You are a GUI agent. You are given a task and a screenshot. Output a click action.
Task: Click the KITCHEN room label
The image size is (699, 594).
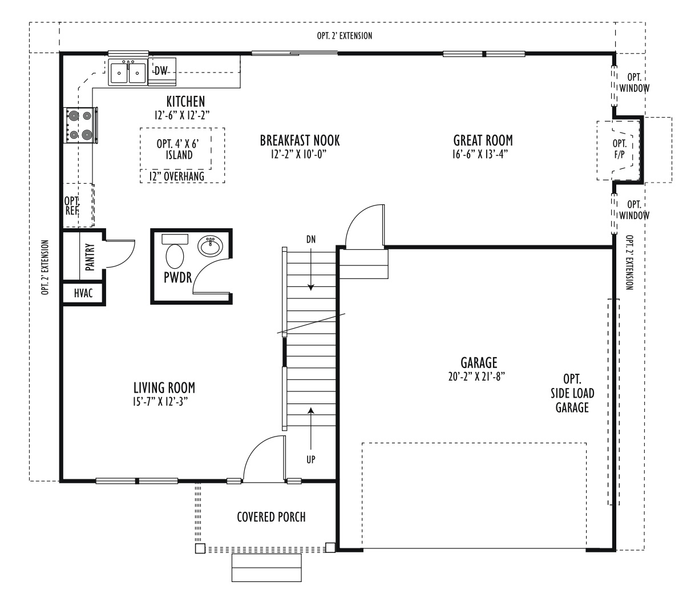tap(185, 102)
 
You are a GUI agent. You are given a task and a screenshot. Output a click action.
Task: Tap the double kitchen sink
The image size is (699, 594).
tap(128, 72)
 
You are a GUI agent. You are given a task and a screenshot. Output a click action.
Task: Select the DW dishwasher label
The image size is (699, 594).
tap(161, 71)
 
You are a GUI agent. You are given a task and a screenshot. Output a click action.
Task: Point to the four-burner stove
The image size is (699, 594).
tap(80, 125)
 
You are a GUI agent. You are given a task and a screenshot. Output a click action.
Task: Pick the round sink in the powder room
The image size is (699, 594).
tap(211, 246)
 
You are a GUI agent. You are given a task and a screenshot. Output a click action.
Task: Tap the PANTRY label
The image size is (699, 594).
tap(90, 257)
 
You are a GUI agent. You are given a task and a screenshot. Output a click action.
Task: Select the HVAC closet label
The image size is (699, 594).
tap(83, 293)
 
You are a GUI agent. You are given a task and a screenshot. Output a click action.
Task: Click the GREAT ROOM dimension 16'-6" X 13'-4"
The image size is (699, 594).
tap(480, 154)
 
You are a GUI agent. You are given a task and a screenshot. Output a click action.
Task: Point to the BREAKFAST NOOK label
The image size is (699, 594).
tap(300, 140)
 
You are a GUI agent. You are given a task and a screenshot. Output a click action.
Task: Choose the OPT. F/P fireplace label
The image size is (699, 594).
tap(620, 149)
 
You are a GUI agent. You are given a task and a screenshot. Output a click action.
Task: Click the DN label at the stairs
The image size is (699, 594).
tap(311, 240)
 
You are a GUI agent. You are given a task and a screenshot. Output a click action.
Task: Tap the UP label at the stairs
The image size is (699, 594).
tap(311, 459)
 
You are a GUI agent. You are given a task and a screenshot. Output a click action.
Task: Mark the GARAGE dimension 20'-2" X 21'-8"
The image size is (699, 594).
tap(476, 377)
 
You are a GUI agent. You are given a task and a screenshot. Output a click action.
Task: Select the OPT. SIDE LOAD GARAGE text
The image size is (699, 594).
tap(572, 393)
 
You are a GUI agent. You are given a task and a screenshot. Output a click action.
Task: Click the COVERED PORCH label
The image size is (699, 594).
tap(271, 517)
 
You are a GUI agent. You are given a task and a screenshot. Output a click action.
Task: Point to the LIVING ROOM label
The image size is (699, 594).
tap(164, 387)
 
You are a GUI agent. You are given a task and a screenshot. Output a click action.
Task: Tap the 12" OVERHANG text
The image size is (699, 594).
tap(177, 176)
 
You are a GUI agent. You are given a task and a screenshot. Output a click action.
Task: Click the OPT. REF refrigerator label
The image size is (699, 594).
tap(72, 205)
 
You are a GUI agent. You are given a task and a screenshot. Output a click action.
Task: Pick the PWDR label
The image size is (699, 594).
tap(177, 277)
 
